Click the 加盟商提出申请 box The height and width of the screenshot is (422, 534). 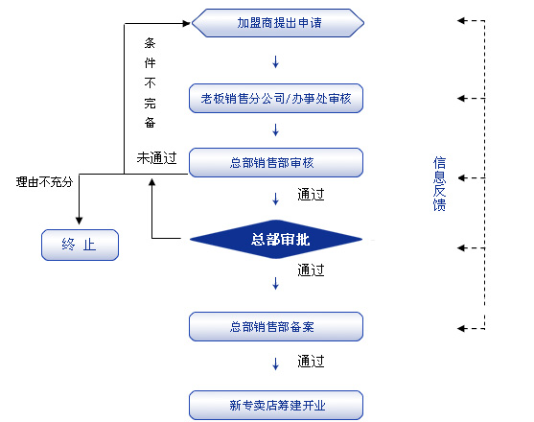(x=278, y=23)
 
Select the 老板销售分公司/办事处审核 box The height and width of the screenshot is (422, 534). (x=276, y=98)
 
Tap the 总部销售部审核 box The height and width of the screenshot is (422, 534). (x=276, y=162)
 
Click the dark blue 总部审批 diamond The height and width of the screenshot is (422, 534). (x=276, y=239)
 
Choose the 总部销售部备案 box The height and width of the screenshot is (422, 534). (x=276, y=326)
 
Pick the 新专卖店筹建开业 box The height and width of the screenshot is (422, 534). (x=276, y=405)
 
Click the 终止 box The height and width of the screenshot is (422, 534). (x=80, y=245)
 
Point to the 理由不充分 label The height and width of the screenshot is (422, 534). (x=45, y=182)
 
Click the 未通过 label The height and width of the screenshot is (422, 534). (x=156, y=158)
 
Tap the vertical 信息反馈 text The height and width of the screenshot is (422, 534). (x=439, y=184)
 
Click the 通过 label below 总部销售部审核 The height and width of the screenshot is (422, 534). (x=311, y=195)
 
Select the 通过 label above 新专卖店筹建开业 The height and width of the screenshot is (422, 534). (x=311, y=362)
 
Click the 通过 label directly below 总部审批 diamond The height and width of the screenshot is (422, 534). (x=311, y=270)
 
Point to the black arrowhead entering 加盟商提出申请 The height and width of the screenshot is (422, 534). (x=186, y=23)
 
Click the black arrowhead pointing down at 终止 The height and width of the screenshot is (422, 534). (x=79, y=221)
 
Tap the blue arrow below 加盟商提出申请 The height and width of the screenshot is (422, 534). (x=275, y=61)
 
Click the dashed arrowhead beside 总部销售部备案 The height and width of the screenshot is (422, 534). (x=461, y=328)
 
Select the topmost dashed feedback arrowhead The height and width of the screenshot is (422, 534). (x=461, y=21)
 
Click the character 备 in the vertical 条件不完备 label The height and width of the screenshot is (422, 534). (x=150, y=123)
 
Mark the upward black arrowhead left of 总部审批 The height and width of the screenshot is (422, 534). (x=151, y=182)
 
